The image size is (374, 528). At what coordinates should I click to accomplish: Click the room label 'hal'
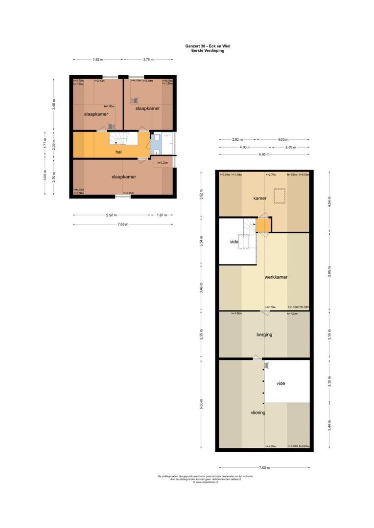click(118, 152)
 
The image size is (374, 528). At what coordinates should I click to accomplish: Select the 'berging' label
click(264, 335)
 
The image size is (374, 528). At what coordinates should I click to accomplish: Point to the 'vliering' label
click(258, 413)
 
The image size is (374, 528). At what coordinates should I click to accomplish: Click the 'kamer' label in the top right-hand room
click(259, 198)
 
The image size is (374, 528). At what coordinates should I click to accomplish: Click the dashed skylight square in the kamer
click(280, 196)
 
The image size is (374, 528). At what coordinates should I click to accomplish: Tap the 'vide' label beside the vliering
click(280, 383)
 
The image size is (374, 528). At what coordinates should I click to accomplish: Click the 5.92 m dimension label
click(112, 215)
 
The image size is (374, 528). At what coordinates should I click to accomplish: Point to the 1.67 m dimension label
click(162, 215)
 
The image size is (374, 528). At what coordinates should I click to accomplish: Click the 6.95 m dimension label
click(264, 154)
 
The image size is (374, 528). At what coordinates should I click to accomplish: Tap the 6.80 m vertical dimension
click(201, 404)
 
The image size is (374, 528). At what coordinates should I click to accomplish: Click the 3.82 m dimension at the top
click(98, 60)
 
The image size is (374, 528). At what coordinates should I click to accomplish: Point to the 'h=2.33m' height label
click(163, 163)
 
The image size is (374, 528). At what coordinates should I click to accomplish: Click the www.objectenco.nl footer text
click(205, 482)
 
